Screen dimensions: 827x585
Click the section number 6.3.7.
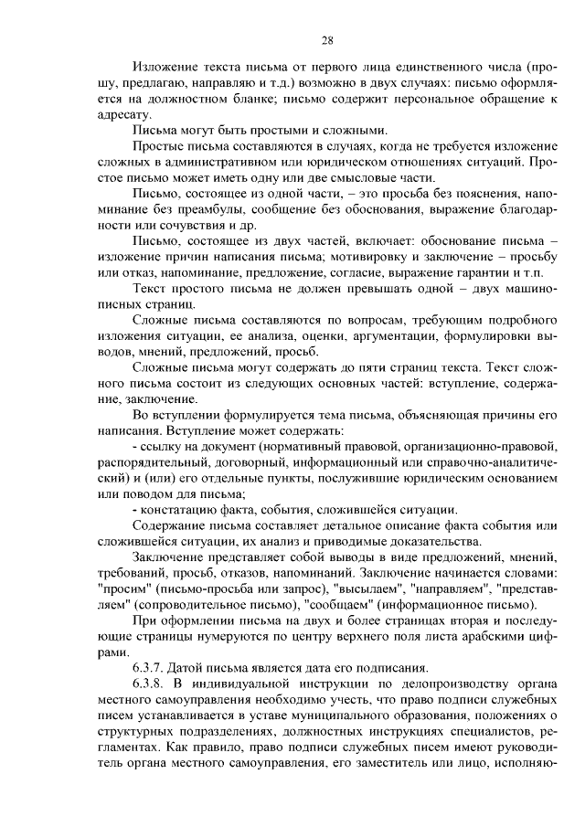coord(150,667)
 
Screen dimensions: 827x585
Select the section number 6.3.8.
coord(150,684)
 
